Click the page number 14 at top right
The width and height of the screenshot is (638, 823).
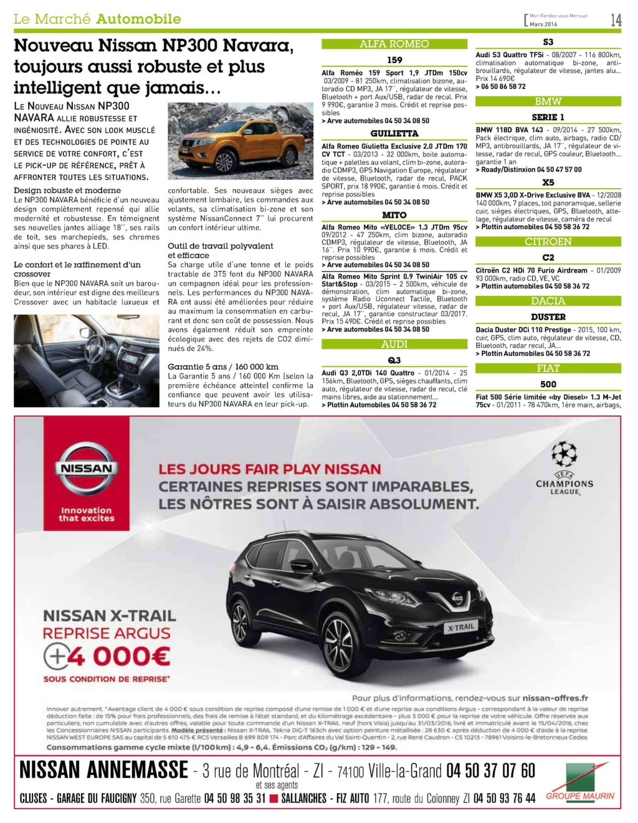point(616,20)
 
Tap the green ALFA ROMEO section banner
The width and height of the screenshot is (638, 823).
point(394,44)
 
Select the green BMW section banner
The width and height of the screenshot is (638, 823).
point(548,101)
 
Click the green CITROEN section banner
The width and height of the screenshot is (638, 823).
point(548,242)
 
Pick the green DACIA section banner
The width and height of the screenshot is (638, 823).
point(548,301)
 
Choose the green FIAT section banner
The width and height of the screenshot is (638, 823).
point(548,369)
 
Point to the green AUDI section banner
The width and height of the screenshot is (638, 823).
point(394,344)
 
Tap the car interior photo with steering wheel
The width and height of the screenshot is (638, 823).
point(86,360)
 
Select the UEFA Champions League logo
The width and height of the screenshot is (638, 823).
point(564,468)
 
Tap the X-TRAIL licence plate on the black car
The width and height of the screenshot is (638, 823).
point(460,628)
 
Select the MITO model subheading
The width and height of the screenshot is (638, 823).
point(394,215)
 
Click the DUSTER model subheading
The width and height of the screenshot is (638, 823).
point(548,317)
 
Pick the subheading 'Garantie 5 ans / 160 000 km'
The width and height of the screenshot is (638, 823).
point(223,367)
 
